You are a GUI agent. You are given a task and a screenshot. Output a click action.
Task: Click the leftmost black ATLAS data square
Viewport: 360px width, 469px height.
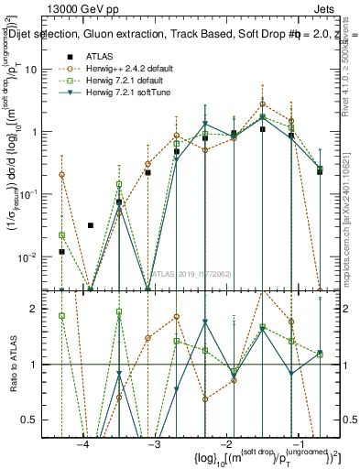[x=61, y=251]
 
